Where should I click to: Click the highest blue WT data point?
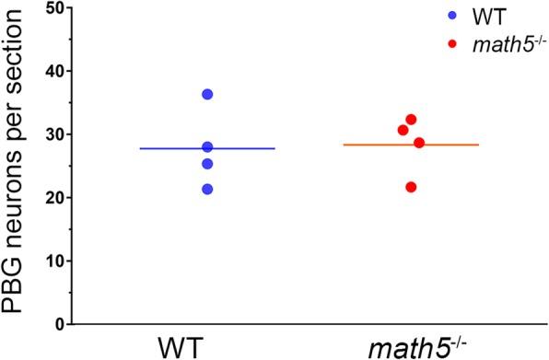[207, 94]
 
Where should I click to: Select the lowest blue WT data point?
[207, 189]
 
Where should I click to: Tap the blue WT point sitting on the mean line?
[207, 147]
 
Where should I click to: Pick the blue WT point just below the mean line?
[207, 164]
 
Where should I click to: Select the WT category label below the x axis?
[206, 349]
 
